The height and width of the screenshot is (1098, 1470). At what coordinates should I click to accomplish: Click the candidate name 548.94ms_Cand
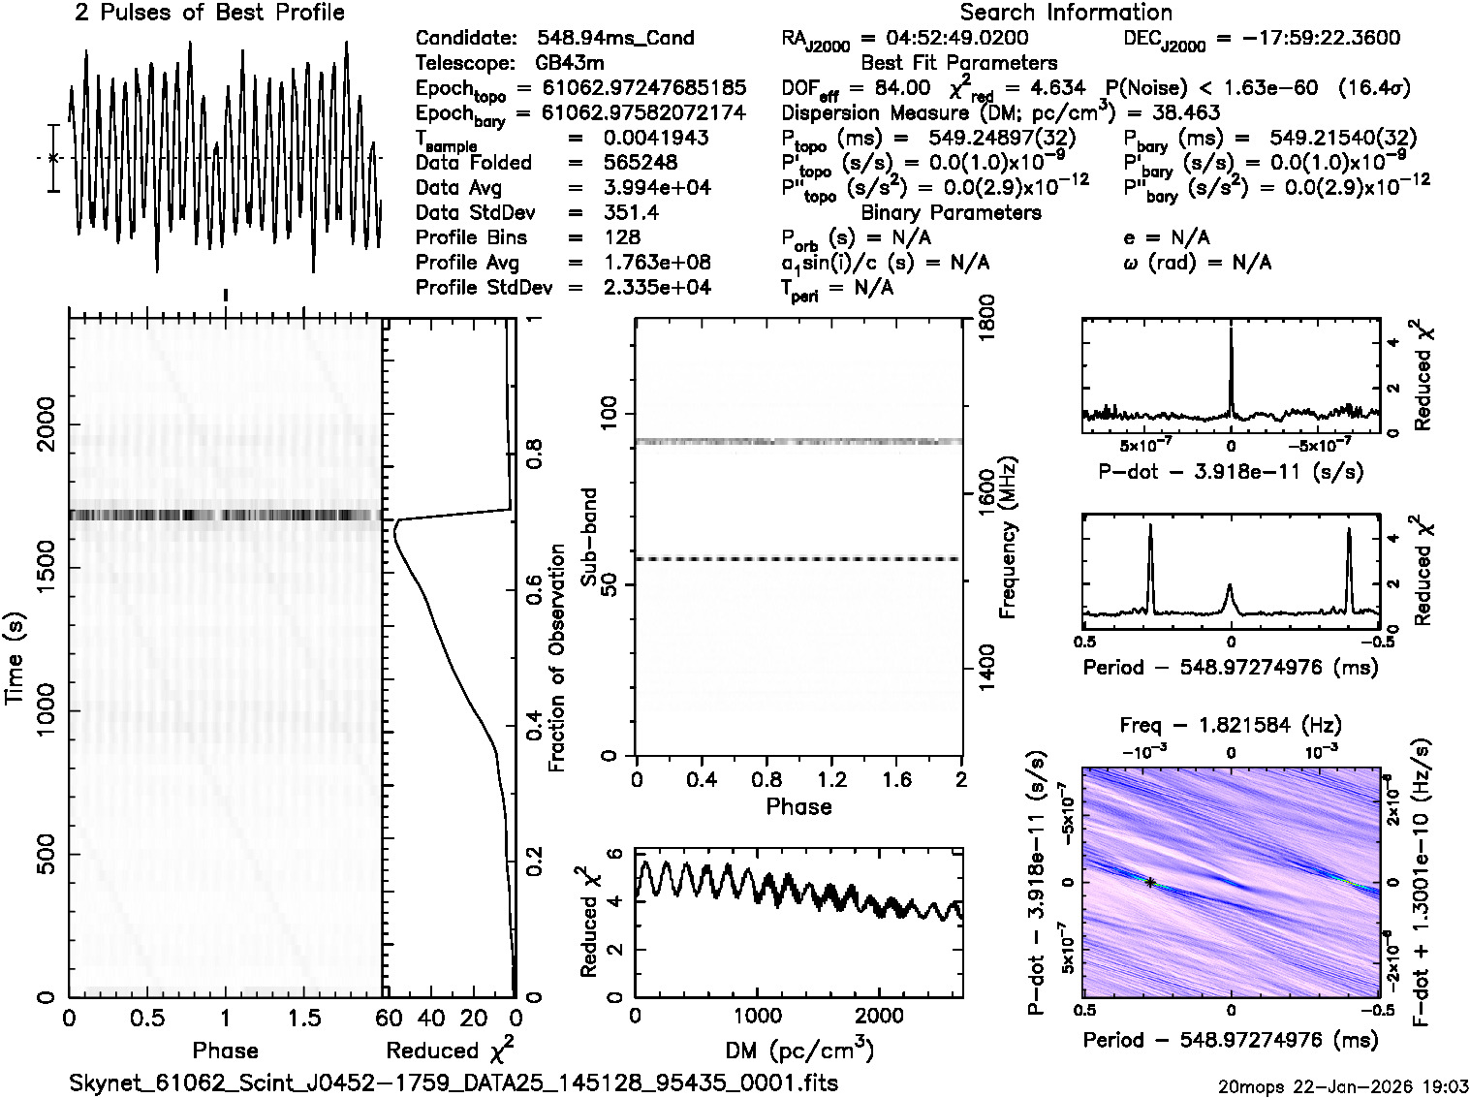pos(614,39)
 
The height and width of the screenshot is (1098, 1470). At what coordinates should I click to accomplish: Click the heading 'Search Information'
pos(1066,13)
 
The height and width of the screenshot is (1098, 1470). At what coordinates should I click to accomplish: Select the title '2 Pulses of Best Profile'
pos(209,13)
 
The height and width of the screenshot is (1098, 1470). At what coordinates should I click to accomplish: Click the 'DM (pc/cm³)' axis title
pos(799,1050)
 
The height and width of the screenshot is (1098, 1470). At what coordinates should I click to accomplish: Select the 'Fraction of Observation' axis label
pos(556,658)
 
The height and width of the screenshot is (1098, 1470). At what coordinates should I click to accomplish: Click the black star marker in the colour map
pos(1150,883)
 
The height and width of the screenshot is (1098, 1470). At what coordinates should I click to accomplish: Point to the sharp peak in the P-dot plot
pos(1231,334)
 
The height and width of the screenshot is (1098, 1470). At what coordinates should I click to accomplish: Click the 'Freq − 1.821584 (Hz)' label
pos(1231,725)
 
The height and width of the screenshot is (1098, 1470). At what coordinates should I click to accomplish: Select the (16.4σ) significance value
pos(1373,88)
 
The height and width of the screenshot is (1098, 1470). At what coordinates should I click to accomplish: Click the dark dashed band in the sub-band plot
pos(798,559)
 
